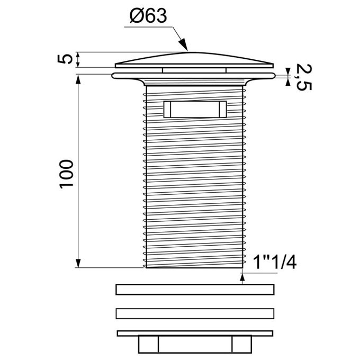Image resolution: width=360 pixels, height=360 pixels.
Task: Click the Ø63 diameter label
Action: pyautogui.click(x=148, y=16)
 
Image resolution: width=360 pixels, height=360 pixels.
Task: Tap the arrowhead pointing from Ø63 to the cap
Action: pyautogui.click(x=184, y=44)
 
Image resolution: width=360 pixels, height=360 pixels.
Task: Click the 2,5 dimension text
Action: pyautogui.click(x=304, y=77)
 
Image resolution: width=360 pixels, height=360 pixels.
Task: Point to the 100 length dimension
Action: pyautogui.click(x=66, y=174)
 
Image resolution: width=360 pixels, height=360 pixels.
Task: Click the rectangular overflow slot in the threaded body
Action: pyautogui.click(x=195, y=109)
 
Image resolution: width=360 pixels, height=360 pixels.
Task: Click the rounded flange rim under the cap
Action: pyautogui.click(x=194, y=76)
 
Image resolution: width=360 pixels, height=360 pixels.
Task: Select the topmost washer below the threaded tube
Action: pyautogui.click(x=195, y=290)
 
